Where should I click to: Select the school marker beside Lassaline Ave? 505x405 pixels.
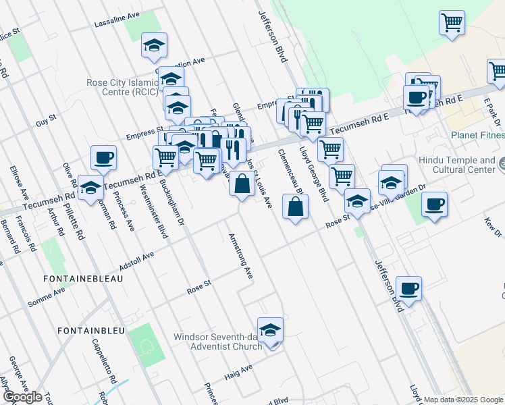point(154,45)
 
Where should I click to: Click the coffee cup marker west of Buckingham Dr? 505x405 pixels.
point(103,159)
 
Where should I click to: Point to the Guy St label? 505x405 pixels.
point(46,122)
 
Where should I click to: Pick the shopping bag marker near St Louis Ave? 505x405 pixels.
point(242,183)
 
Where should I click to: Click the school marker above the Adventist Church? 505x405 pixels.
point(270,330)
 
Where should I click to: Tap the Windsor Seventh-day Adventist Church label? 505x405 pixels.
point(217,342)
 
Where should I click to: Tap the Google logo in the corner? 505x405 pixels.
point(23,397)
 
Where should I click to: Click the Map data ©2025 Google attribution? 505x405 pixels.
point(463,400)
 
